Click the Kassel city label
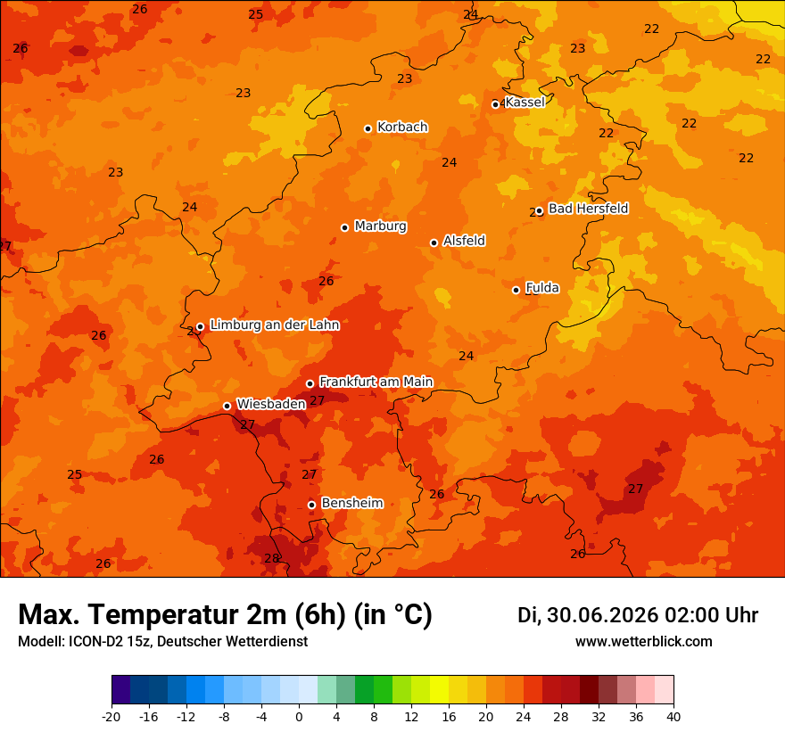pos(525,102)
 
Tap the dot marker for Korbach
pos(368,128)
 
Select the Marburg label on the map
pos(381,226)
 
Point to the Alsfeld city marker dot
pos(434,243)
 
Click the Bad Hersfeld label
pos(588,208)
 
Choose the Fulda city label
pos(542,288)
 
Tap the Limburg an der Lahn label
pos(275,325)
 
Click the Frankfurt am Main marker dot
pos(310,383)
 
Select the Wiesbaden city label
pos(271,404)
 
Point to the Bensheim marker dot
pos(311,505)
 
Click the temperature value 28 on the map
pos(272,558)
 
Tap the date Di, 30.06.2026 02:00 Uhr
pos(638,615)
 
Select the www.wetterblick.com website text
pos(644,641)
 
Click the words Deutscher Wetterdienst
pos(232,641)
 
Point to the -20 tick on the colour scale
pos(112,717)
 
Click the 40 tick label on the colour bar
pos(673,717)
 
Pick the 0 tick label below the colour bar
pos(299,717)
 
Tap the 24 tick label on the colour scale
pos(523,717)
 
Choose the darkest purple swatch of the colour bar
pos(121,689)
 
